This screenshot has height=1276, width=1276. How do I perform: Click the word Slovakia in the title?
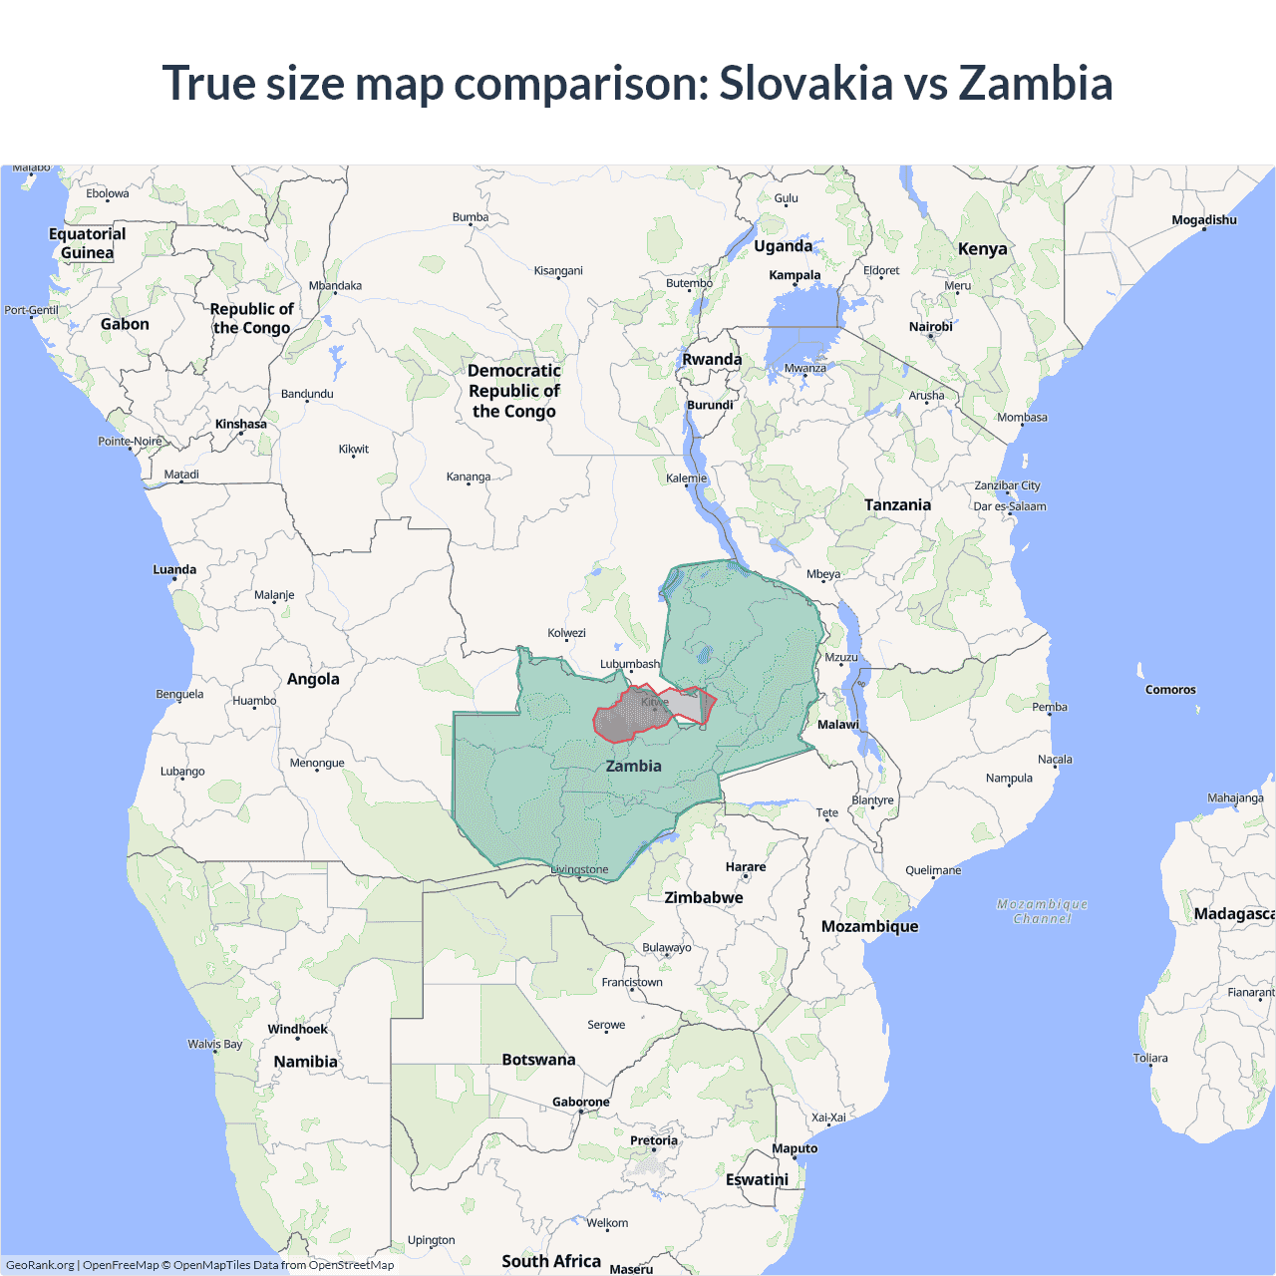[805, 83]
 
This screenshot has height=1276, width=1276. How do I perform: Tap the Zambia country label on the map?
[633, 766]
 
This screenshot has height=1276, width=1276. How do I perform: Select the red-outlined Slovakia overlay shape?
[623, 720]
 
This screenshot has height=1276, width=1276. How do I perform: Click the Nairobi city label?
[930, 327]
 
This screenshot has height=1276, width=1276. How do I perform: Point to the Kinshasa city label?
[241, 424]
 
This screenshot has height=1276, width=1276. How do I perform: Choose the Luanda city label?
[174, 570]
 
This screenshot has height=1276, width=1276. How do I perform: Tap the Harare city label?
[746, 867]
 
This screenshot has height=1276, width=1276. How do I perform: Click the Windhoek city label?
[297, 1029]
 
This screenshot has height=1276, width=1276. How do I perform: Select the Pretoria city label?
[654, 1140]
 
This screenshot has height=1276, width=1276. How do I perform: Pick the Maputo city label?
[795, 1148]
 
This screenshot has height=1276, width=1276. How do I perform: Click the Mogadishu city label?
[1204, 220]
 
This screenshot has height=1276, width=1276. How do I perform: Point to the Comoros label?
[1170, 690]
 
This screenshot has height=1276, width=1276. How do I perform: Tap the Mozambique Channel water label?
[1042, 911]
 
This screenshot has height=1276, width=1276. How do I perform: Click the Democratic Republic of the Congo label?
[514, 391]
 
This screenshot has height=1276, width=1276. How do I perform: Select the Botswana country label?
[538, 1060]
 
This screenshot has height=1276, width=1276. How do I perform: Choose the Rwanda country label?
[712, 360]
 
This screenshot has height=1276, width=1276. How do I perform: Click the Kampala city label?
[795, 275]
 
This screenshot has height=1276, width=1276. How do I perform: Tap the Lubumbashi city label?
[630, 664]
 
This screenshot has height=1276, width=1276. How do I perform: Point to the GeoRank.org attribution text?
[40, 1265]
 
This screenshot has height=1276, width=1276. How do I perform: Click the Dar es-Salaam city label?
[1010, 506]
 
